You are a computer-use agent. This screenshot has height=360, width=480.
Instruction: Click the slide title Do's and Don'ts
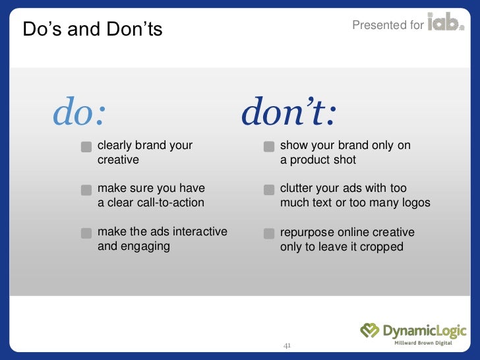92,29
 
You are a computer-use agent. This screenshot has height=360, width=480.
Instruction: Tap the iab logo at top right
446,24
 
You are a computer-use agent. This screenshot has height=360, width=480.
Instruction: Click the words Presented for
388,25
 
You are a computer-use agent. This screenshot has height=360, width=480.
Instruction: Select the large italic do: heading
79,113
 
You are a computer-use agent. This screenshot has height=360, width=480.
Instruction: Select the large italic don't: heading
289,113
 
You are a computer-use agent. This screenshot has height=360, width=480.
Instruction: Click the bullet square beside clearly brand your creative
86,146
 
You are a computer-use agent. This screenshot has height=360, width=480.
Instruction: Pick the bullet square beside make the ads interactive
86,233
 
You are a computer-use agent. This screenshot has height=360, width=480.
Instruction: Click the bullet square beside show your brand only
268,146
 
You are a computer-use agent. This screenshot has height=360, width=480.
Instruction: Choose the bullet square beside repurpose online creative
268,233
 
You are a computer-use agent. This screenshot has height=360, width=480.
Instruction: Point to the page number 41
287,345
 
